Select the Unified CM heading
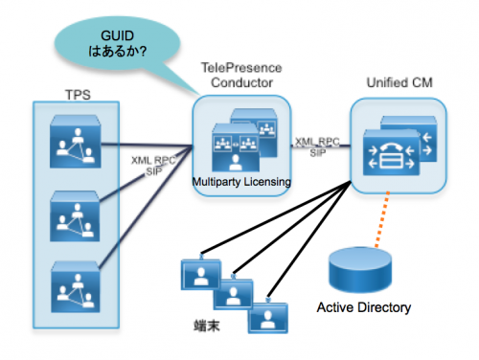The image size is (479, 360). click(x=399, y=83)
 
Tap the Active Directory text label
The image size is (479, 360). click(x=364, y=308)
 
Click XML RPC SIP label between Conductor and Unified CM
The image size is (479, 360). click(x=316, y=145)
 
